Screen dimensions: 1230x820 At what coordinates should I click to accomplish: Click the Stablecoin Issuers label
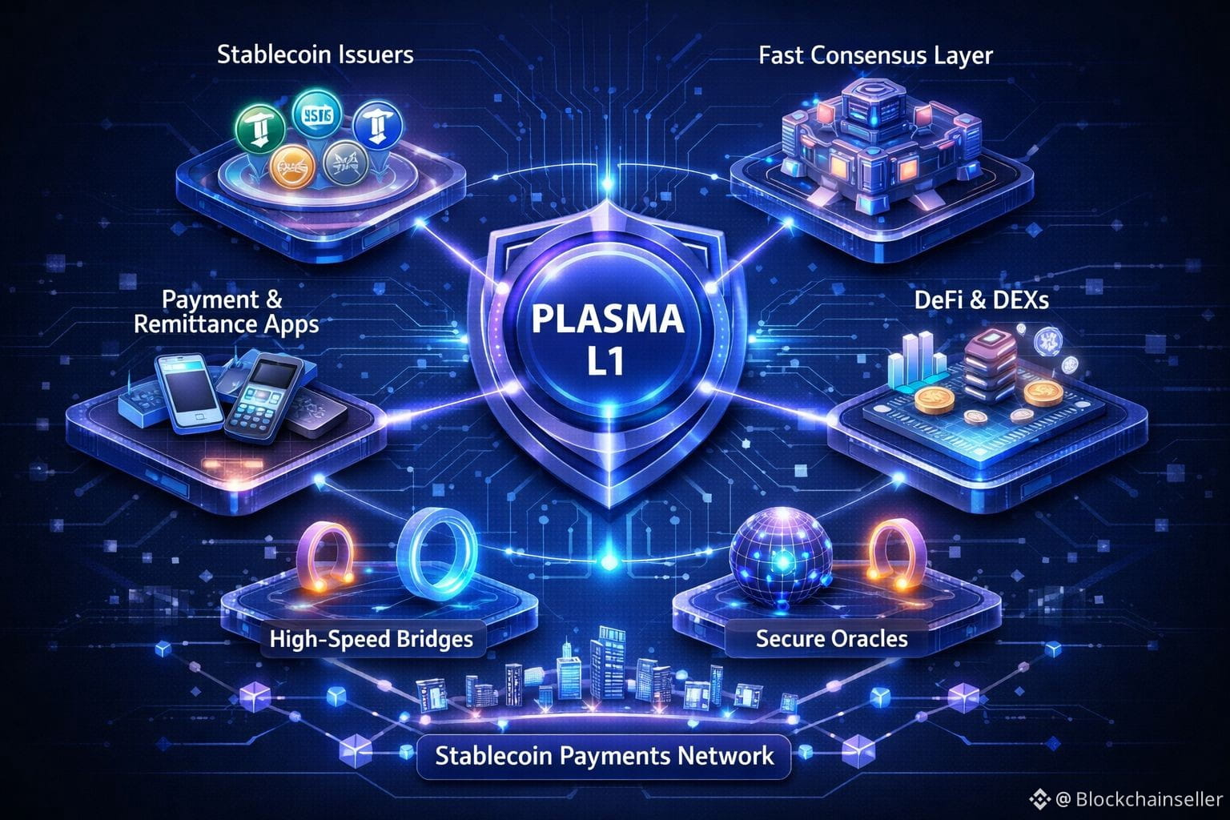(x=316, y=54)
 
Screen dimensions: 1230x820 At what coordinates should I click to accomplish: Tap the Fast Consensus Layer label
(x=875, y=55)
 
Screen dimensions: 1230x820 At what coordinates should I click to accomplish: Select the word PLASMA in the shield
(x=609, y=321)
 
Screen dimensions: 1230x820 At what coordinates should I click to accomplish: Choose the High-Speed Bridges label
(x=372, y=639)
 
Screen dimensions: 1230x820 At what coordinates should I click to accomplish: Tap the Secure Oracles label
(x=831, y=638)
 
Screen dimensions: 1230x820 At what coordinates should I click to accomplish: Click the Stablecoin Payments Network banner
(x=605, y=755)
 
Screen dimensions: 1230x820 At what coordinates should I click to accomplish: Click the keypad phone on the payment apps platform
(x=263, y=397)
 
